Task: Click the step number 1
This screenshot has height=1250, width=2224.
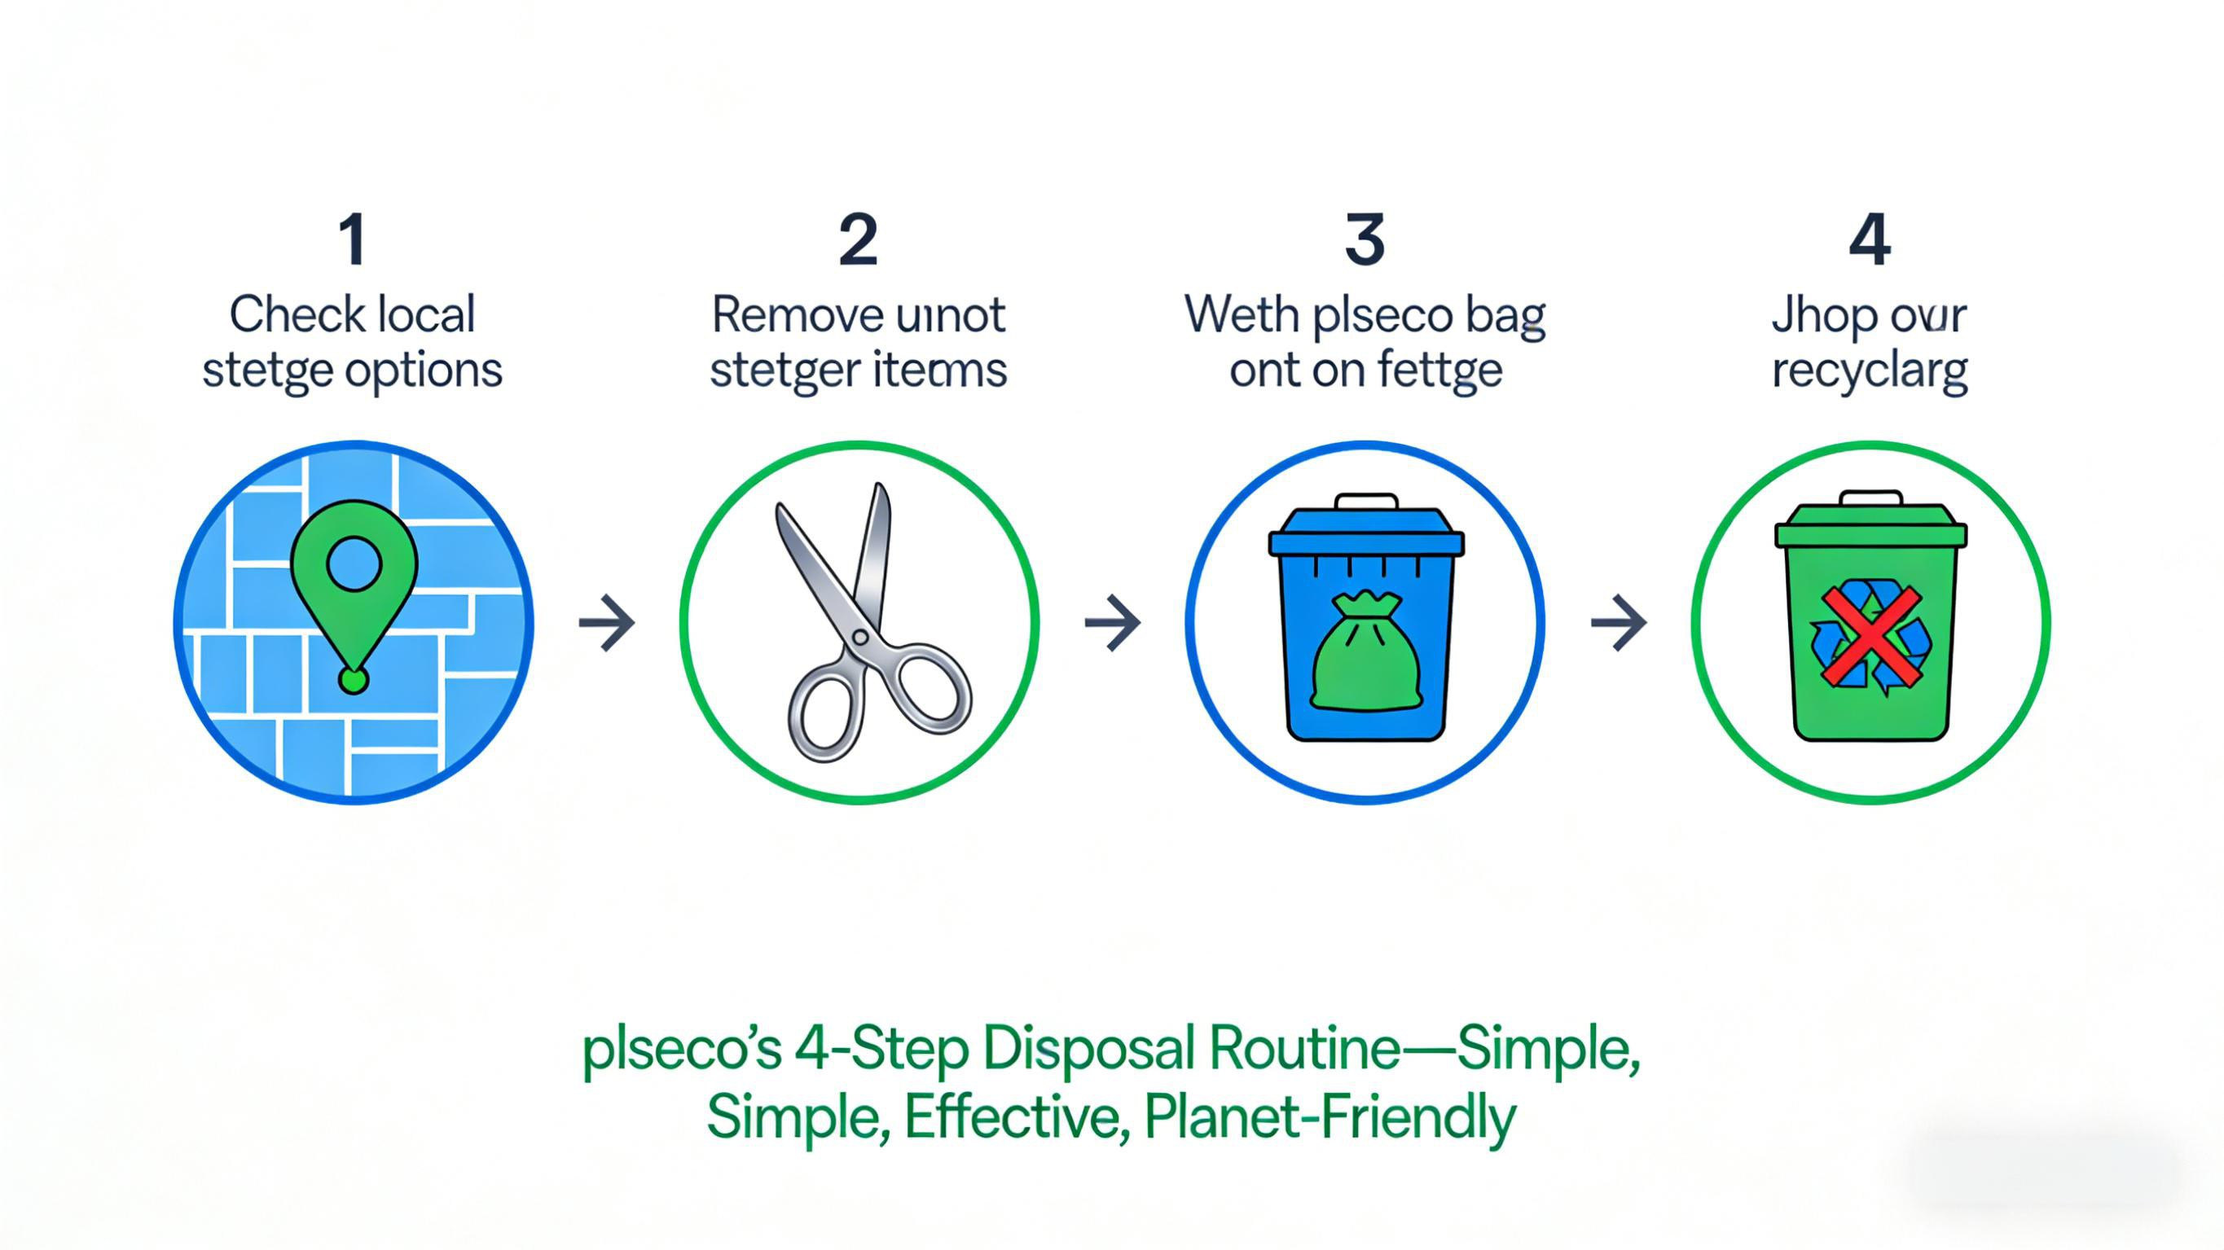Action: [352, 239]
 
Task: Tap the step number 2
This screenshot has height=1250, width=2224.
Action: [858, 239]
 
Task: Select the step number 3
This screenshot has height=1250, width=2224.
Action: [1365, 239]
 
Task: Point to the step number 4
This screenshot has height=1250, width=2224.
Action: [1870, 239]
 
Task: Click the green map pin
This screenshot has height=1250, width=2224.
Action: [354, 570]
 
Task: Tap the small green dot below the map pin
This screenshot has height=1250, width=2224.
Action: [353, 680]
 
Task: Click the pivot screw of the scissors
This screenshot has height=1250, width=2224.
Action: [860, 637]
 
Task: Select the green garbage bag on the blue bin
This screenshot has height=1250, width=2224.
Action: [1366, 652]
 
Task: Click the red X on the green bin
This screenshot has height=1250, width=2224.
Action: [1871, 637]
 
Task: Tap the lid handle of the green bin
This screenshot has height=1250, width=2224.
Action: [1871, 498]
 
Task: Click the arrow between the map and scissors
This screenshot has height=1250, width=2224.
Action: [607, 621]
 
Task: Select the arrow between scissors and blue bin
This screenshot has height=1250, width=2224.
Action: [1113, 621]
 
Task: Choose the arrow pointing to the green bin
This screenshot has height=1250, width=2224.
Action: [1619, 621]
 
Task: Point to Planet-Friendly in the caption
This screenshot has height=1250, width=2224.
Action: [1330, 1118]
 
